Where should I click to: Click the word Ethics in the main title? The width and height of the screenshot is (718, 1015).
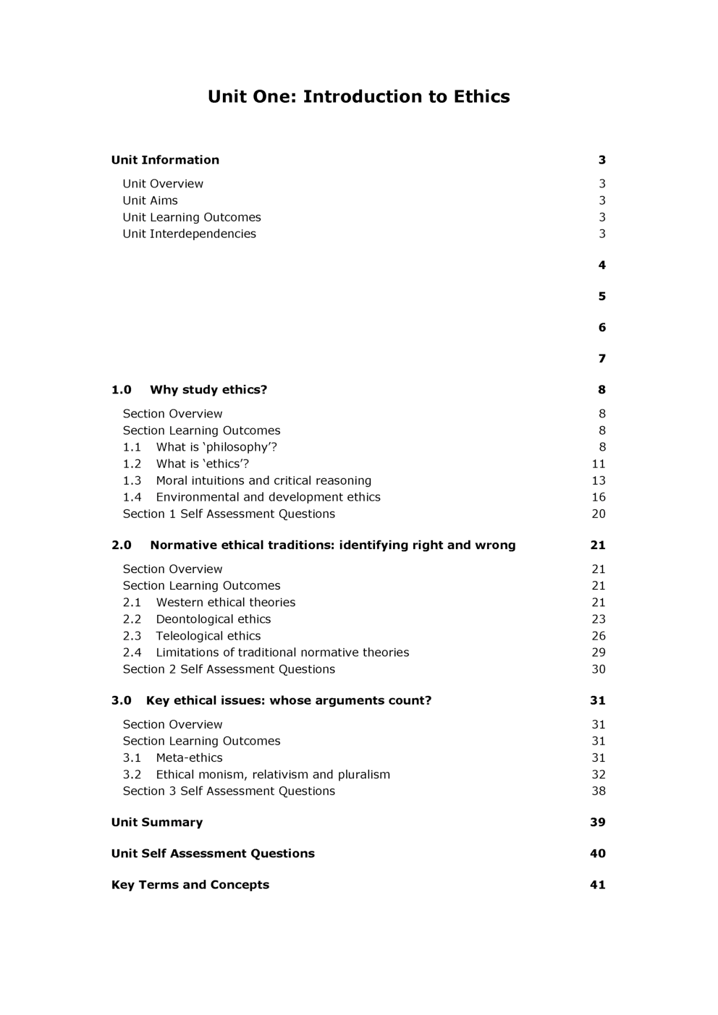[481, 96]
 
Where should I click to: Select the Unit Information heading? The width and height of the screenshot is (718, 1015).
[165, 160]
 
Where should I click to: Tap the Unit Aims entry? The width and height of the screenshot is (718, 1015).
[150, 200]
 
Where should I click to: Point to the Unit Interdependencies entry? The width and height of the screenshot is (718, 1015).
[189, 234]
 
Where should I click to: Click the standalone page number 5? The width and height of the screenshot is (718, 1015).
[601, 296]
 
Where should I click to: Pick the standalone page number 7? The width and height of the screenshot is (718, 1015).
[601, 358]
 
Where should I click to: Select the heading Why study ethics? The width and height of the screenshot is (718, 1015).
[208, 389]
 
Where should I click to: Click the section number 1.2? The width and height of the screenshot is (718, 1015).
[132, 464]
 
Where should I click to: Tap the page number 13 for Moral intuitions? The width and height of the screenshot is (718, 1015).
[599, 480]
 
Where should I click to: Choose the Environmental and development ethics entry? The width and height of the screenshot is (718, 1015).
[268, 497]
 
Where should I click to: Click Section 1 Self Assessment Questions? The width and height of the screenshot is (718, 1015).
[229, 514]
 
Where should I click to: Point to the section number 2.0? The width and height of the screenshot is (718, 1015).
[122, 545]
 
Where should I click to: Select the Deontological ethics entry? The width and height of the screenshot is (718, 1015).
[213, 619]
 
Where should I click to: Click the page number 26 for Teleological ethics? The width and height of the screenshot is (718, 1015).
[599, 636]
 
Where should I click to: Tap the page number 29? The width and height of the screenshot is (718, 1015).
[599, 653]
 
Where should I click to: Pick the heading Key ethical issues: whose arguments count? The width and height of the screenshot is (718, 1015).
[288, 700]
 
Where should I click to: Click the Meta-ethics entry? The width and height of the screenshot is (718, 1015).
[189, 757]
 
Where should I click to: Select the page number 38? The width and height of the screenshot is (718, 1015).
[599, 791]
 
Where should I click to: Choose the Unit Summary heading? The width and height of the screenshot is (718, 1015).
[157, 822]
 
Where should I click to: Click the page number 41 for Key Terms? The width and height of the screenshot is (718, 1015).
[598, 884]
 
